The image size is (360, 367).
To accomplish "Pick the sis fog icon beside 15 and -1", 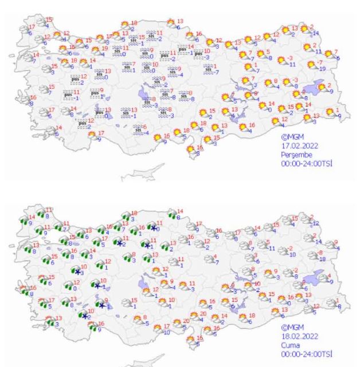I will pos(134,41).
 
